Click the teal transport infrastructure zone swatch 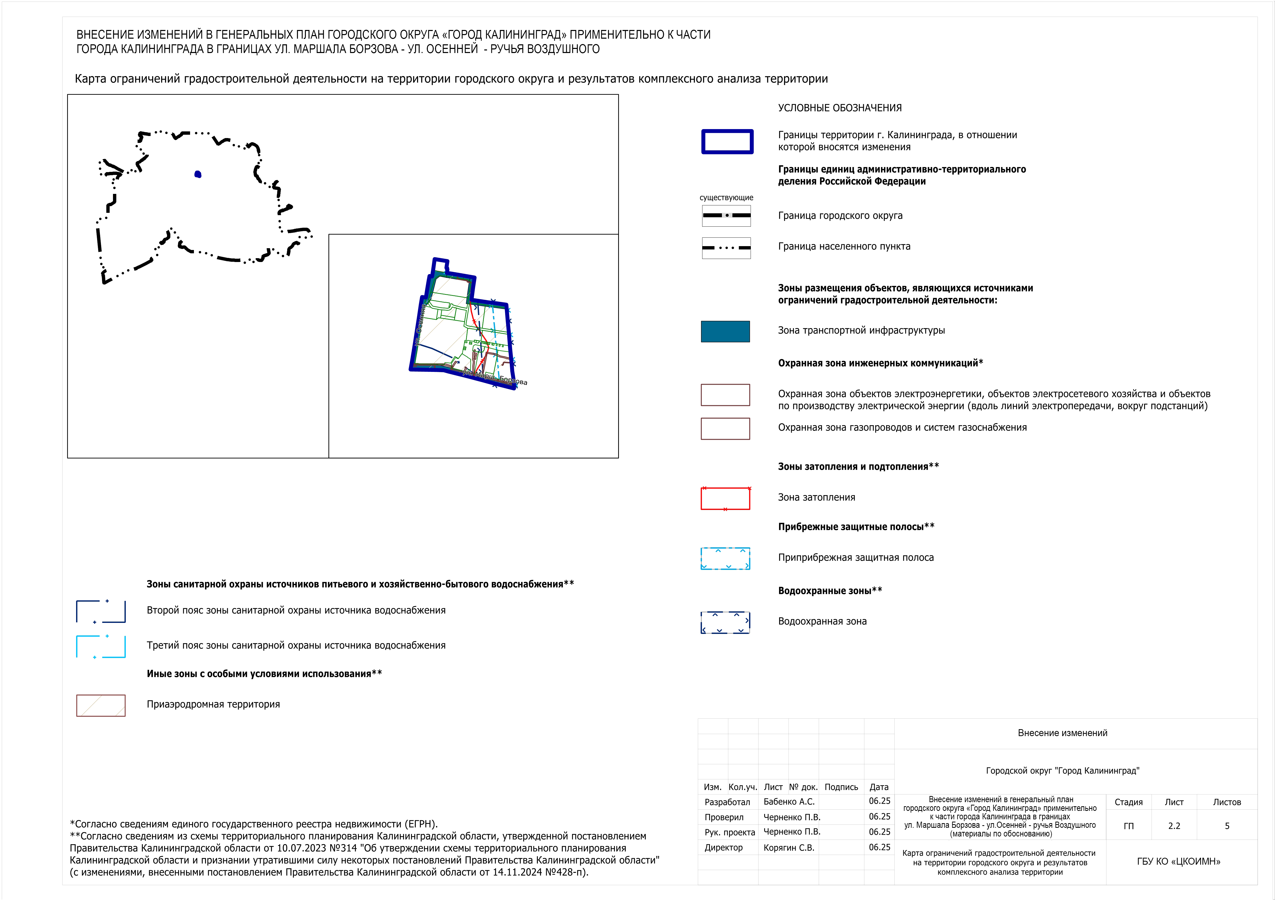(725, 331)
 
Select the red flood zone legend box (725, 498)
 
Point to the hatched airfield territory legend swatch (100, 705)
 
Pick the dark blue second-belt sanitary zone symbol (100, 611)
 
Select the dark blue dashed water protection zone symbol (725, 622)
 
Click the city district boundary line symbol (726, 215)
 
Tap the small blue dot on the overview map (198, 174)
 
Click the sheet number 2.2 (1174, 826)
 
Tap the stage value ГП (1128, 826)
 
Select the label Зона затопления (816, 497)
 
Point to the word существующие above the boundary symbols (726, 198)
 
